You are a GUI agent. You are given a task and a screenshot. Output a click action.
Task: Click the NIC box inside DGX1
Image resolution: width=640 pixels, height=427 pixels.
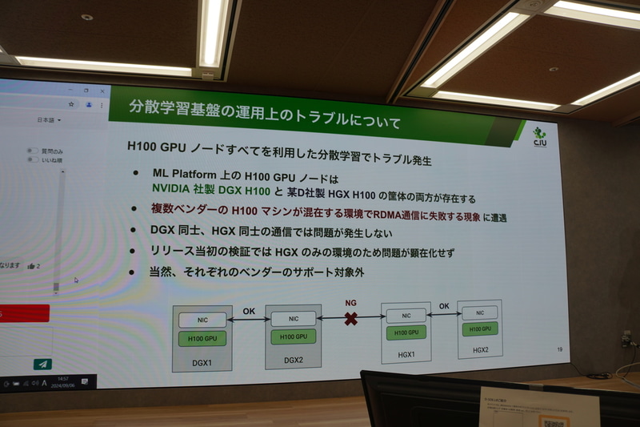click(202, 320)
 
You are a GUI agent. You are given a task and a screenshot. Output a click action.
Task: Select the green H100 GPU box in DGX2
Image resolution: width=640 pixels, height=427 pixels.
click(294, 337)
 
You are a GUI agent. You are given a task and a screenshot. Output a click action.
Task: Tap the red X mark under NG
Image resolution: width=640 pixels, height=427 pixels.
click(350, 318)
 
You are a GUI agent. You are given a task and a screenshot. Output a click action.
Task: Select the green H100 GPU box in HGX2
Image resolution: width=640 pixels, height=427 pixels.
click(479, 328)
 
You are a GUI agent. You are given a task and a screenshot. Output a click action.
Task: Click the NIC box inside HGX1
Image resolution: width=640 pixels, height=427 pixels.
click(406, 316)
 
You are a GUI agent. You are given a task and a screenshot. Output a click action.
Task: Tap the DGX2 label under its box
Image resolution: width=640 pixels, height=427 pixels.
click(293, 361)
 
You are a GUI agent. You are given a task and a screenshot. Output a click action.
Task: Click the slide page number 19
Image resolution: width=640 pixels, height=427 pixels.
click(558, 350)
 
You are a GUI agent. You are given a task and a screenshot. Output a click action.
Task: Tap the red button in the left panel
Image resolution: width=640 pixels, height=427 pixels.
click(24, 314)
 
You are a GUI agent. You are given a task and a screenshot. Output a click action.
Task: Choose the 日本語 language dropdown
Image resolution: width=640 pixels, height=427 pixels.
click(49, 120)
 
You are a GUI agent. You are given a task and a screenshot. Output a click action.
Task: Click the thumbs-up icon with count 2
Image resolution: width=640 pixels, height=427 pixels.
click(31, 266)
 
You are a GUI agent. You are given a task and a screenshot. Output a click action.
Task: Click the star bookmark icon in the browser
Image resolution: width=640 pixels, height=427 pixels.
click(72, 104)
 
